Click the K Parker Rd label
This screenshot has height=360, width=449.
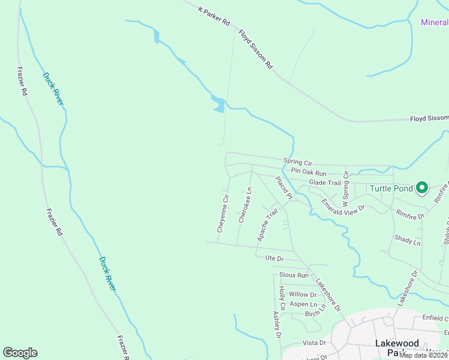pyautogui.click(x=214, y=16)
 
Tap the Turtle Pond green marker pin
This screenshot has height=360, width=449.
pyautogui.click(x=421, y=188)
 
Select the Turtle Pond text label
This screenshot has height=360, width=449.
pyautogui.click(x=391, y=188)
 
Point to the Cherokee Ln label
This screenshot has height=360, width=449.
pyautogui.click(x=245, y=205)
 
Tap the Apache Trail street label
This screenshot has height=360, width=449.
pyautogui.click(x=268, y=225)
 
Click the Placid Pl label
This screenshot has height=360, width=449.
pyautogui.click(x=283, y=188)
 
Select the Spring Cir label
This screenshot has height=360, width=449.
pyautogui.click(x=298, y=162)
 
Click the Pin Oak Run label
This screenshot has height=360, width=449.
pyautogui.click(x=304, y=171)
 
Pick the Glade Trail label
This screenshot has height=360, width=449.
pyautogui.click(x=325, y=182)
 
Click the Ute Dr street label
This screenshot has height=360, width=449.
pyautogui.click(x=274, y=258)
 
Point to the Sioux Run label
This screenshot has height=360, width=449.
pyautogui.click(x=294, y=275)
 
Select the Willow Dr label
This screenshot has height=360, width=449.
pyautogui.click(x=303, y=295)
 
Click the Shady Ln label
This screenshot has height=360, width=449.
pyautogui.click(x=408, y=239)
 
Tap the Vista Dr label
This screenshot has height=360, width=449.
pyautogui.click(x=314, y=343)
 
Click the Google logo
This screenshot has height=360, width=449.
pyautogui.click(x=20, y=353)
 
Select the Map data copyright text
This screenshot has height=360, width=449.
pyautogui.click(x=423, y=355)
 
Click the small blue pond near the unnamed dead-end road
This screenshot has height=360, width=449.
pyautogui.click(x=219, y=106)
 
